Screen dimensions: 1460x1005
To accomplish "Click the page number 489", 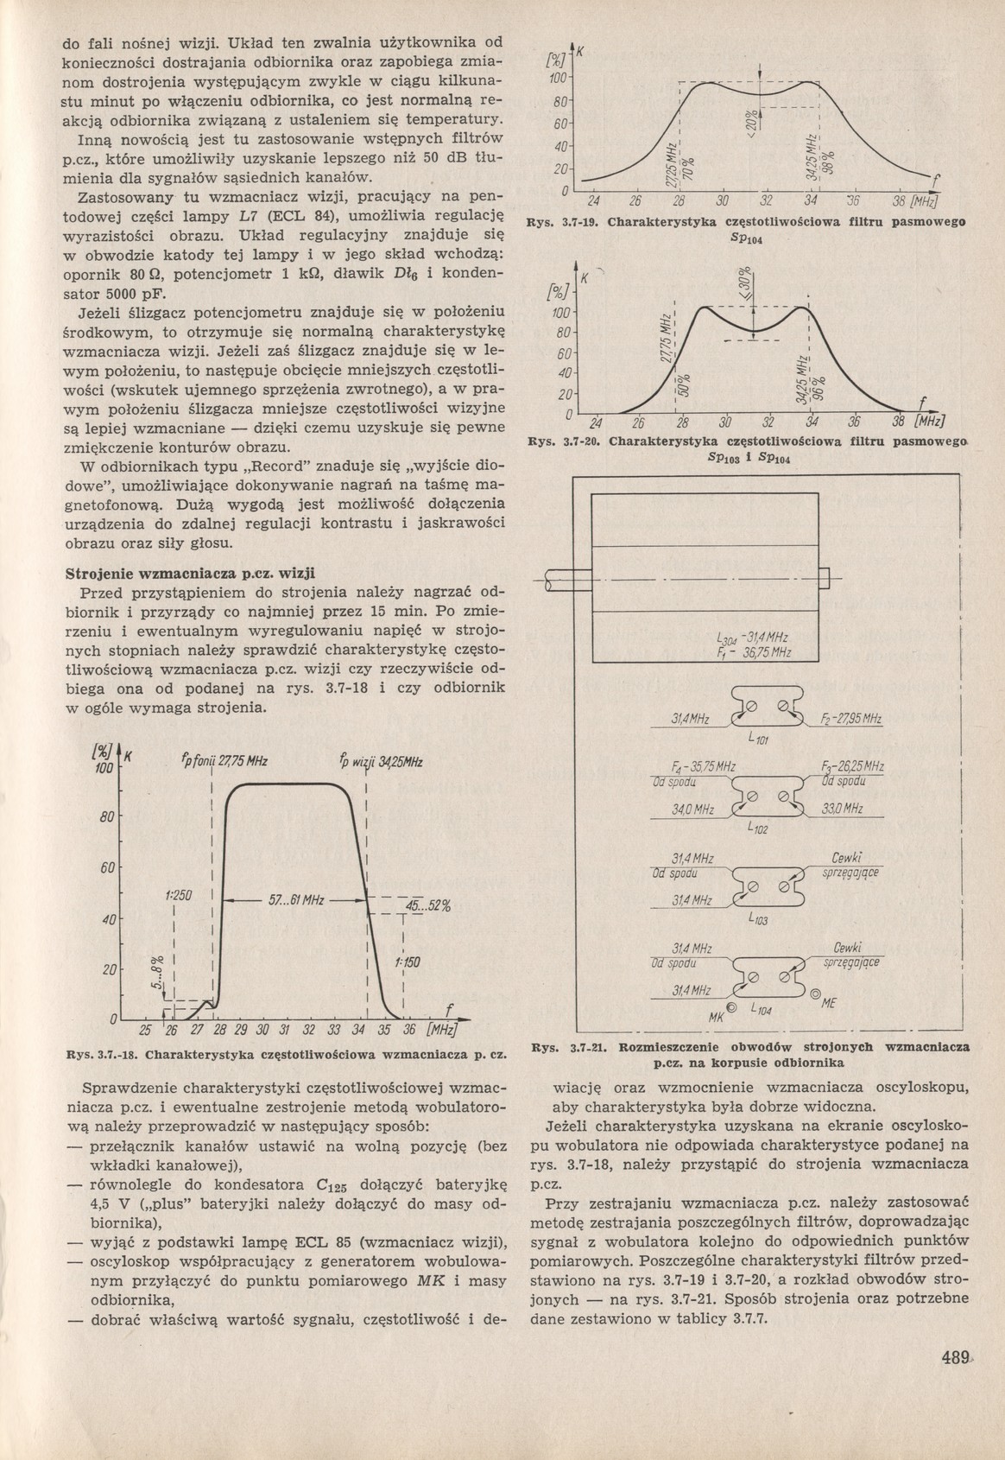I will (x=956, y=1381).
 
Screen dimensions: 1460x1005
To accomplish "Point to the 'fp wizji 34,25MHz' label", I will (x=382, y=762).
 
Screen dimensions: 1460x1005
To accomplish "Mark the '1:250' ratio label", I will (x=177, y=897).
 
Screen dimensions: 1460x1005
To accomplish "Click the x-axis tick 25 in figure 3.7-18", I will (x=145, y=1031).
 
